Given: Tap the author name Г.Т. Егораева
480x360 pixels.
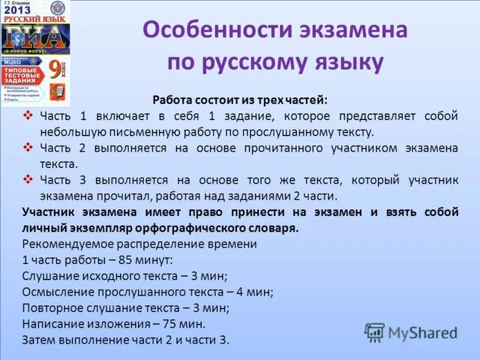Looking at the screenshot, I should coord(18,2).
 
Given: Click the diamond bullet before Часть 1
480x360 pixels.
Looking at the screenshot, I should coord(28,115).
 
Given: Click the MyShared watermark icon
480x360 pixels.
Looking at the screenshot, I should coord(374,332).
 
